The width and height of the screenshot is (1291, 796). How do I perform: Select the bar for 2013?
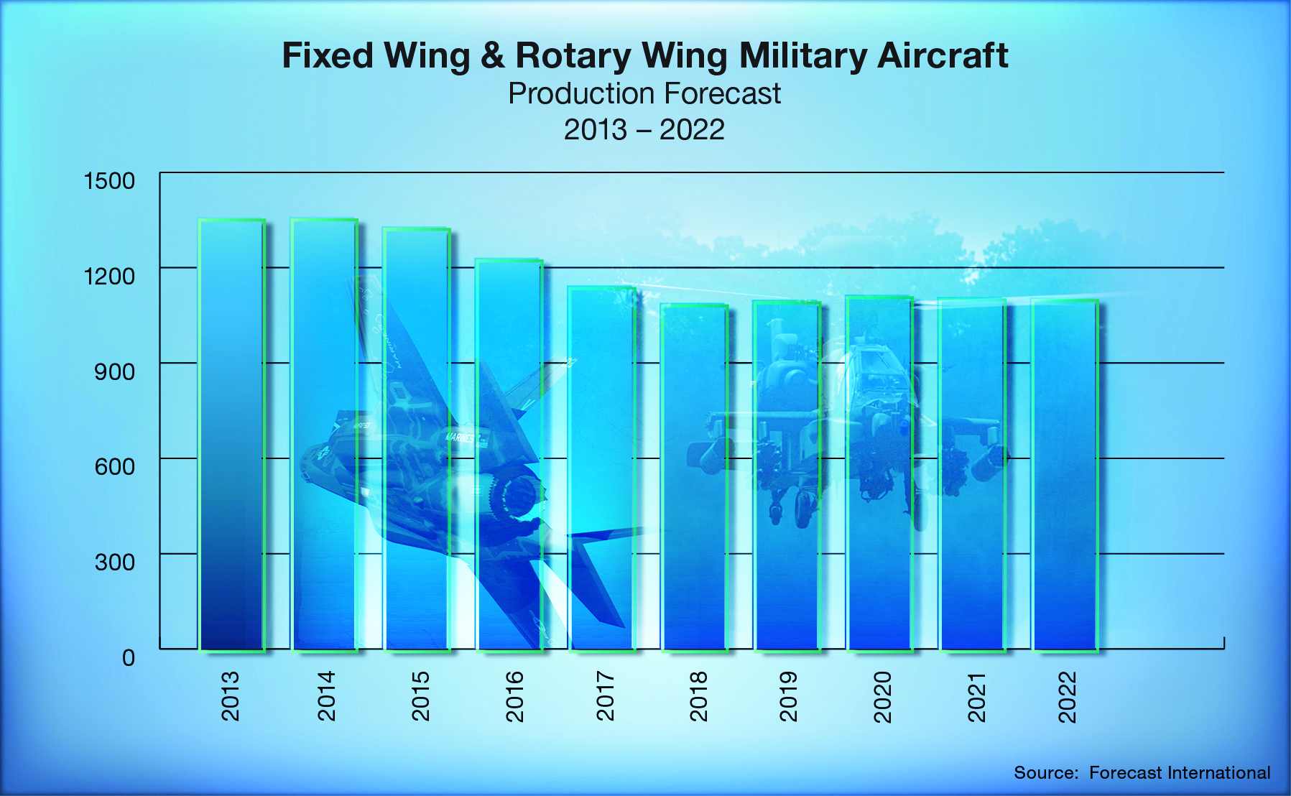click(231, 435)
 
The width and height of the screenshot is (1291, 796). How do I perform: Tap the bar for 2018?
click(694, 478)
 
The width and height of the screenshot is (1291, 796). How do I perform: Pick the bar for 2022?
click(1065, 475)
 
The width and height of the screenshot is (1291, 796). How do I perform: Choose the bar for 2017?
click(601, 468)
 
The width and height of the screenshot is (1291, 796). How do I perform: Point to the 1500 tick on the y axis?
click(109, 180)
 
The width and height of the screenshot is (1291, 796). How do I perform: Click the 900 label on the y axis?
click(114, 371)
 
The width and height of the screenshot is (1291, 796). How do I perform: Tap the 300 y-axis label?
click(114, 562)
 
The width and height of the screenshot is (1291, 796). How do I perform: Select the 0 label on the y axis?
click(128, 657)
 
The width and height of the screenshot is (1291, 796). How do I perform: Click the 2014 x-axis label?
click(326, 695)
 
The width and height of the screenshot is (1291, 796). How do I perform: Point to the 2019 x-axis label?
click(788, 695)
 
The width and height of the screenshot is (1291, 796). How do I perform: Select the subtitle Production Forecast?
click(644, 94)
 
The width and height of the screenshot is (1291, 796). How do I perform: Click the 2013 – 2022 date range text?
click(644, 130)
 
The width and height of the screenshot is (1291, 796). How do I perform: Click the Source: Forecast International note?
click(1142, 773)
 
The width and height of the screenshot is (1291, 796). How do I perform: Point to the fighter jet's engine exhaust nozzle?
click(514, 495)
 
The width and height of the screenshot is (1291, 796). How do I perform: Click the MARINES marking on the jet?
click(460, 436)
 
